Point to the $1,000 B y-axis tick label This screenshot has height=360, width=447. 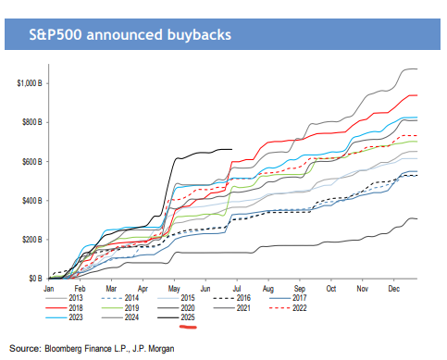click(x=31, y=83)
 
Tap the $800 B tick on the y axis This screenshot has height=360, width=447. click(x=34, y=122)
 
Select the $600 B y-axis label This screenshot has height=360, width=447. click(x=34, y=162)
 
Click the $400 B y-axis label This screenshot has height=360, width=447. click(x=34, y=201)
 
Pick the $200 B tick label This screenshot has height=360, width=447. click(x=34, y=240)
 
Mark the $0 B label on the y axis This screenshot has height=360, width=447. click(x=37, y=279)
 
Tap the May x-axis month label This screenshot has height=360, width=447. click(x=172, y=289)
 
